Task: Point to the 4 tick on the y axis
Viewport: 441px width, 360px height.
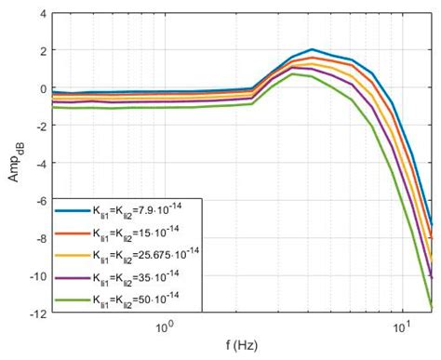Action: [39, 14]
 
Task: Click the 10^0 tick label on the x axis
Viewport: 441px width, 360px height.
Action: [166, 327]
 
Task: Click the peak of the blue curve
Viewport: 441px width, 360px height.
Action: [313, 50]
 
